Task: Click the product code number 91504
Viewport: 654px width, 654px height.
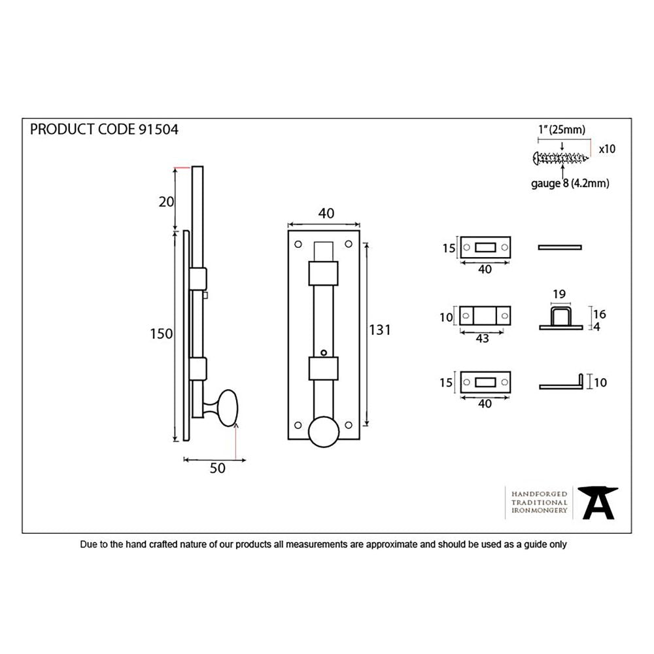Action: (x=158, y=129)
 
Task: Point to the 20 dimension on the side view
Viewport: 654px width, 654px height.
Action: (x=165, y=201)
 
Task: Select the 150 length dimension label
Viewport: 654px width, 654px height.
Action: (x=162, y=334)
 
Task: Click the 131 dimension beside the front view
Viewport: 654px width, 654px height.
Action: (x=379, y=330)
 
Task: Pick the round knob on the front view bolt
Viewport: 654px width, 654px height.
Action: (x=324, y=432)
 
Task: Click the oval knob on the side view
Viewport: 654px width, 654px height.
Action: (x=228, y=407)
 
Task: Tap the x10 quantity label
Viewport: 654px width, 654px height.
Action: (x=606, y=149)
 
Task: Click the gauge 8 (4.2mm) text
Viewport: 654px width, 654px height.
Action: (x=570, y=184)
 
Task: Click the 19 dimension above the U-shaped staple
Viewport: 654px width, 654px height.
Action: (x=559, y=294)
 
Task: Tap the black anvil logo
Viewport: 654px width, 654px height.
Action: (x=600, y=503)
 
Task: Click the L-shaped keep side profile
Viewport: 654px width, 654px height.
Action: (x=561, y=385)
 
